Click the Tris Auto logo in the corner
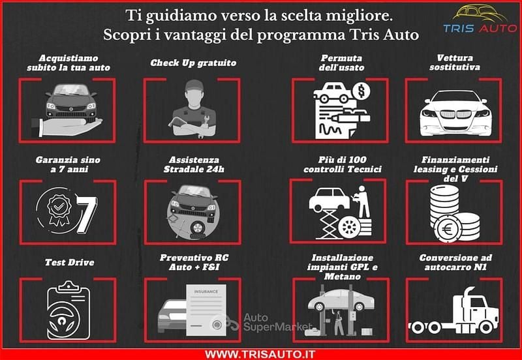tap(479, 20)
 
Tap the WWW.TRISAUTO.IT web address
tap(261, 353)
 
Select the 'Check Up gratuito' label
tap(193, 63)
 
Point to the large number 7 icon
tap(85, 209)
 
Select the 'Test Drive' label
tap(69, 263)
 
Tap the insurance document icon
tap(207, 307)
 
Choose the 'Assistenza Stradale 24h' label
tap(193, 164)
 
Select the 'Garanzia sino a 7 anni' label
tap(69, 164)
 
